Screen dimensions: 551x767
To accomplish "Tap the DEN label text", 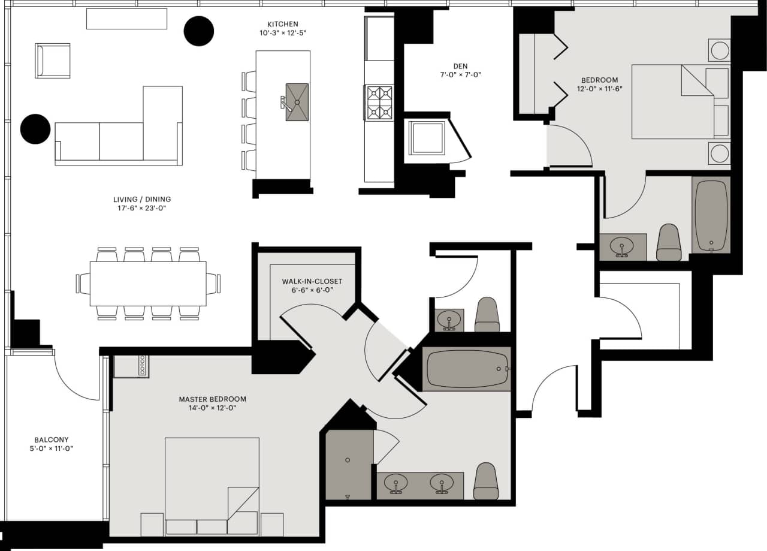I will click(x=461, y=66).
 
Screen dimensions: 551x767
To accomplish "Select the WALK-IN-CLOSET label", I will click(x=312, y=281).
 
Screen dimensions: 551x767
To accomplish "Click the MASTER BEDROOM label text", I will click(x=212, y=399).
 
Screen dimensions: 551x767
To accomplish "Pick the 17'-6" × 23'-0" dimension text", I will click(x=137, y=209).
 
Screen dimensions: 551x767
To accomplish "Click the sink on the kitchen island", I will click(x=297, y=102).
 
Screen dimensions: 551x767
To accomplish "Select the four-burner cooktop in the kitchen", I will click(x=379, y=103).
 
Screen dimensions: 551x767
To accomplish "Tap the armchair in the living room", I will click(x=53, y=61).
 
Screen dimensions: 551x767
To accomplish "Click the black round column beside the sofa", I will click(x=35, y=129).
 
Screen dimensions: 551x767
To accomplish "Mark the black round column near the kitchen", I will click(x=198, y=31).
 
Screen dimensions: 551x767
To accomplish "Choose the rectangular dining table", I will click(x=148, y=284).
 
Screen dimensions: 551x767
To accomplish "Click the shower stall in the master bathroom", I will click(x=349, y=465).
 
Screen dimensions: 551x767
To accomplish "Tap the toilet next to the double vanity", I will click(x=486, y=481).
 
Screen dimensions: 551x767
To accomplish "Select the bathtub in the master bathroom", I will click(x=466, y=369).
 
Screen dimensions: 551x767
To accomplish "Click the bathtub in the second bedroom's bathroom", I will click(x=711, y=214).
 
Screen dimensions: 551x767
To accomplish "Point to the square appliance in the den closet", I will click(x=427, y=137).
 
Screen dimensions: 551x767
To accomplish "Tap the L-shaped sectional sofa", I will click(x=120, y=135).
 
